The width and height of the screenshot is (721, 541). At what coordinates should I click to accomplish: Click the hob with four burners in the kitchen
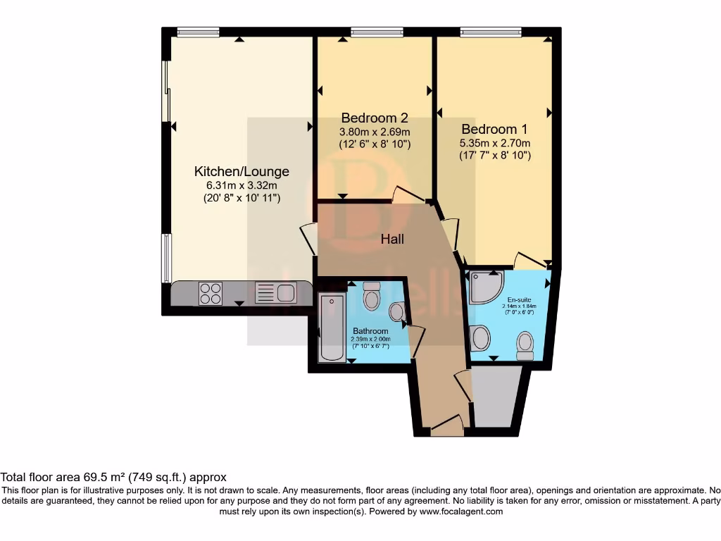point(210,293)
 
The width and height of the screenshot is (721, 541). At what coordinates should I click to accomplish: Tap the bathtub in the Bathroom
point(331,328)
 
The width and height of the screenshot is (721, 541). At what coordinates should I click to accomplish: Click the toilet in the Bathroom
point(371,297)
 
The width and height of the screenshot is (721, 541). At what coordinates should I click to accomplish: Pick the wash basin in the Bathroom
point(397,312)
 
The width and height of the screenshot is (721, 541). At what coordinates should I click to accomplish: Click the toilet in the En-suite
point(525,344)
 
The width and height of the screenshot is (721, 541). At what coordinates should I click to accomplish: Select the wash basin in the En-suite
point(481,338)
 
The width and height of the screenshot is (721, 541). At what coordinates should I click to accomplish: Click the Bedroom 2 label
point(374,118)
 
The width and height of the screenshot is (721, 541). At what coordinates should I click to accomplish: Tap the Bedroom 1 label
point(494,130)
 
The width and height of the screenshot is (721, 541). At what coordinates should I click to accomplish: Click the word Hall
point(392,240)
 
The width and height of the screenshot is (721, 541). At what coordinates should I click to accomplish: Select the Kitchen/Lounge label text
point(242,171)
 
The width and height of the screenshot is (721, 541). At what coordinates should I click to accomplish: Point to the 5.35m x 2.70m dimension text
point(494,143)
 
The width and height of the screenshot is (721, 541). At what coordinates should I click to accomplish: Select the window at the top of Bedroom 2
point(377,31)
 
